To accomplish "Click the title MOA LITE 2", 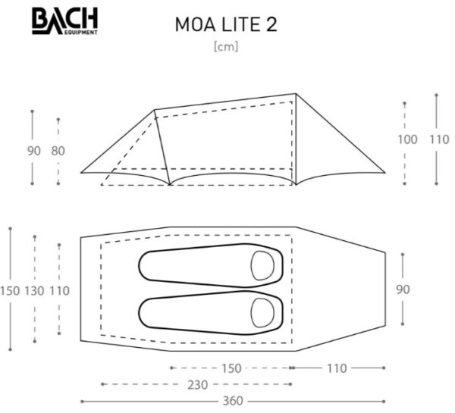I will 225,23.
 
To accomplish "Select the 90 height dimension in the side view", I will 33,151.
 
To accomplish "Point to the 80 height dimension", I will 58,151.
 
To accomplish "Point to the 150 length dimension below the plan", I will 232,368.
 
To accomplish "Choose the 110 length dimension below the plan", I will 337,368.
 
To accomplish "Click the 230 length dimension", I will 198,384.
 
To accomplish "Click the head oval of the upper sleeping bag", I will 264,265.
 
